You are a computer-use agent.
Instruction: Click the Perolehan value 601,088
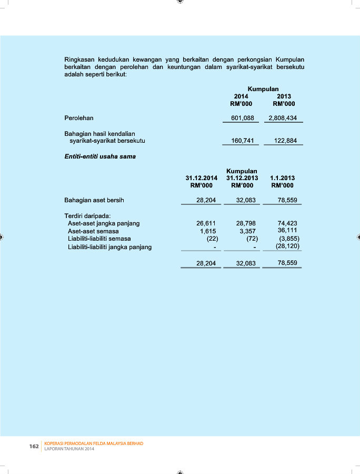(242, 118)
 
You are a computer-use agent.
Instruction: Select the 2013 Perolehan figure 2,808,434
(283, 118)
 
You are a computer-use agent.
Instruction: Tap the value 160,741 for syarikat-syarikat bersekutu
(242, 141)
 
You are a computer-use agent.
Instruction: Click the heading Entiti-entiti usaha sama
(100, 156)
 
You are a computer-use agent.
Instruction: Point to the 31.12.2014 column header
(201, 179)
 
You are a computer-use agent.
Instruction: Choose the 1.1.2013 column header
(283, 179)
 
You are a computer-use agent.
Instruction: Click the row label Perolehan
(79, 118)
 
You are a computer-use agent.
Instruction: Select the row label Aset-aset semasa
(93, 231)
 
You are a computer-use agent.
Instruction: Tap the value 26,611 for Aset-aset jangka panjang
(206, 223)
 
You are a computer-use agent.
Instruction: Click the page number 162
(34, 447)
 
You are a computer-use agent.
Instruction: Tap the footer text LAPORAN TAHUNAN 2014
(69, 449)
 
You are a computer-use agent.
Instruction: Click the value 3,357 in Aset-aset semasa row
(247, 231)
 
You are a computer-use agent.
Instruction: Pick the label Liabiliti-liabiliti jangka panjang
(110, 247)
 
